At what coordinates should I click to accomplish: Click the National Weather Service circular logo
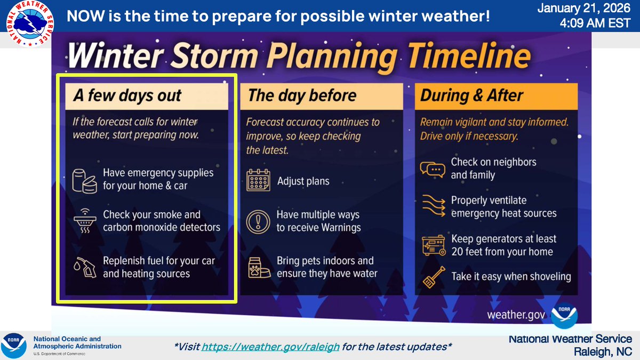(30, 23)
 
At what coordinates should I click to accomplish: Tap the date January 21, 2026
(583, 8)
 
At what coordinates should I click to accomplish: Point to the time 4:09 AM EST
(595, 23)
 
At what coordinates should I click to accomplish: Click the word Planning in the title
(332, 56)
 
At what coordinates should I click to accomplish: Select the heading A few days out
(127, 95)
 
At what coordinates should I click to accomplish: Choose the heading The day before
(302, 95)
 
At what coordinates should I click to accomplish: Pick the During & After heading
(471, 95)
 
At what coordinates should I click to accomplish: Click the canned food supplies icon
(84, 181)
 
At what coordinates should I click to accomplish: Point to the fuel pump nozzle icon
(85, 267)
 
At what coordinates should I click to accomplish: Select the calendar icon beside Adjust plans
(258, 180)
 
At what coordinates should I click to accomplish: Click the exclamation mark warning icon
(258, 222)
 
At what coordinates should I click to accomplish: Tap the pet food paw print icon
(259, 268)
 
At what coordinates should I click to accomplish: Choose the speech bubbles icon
(433, 169)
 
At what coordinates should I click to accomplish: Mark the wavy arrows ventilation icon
(434, 206)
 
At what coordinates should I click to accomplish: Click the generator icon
(434, 245)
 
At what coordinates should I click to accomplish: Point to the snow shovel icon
(434, 277)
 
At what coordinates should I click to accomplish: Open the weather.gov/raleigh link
(270, 347)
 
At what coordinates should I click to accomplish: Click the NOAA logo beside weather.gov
(564, 315)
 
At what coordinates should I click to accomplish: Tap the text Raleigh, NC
(603, 351)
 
